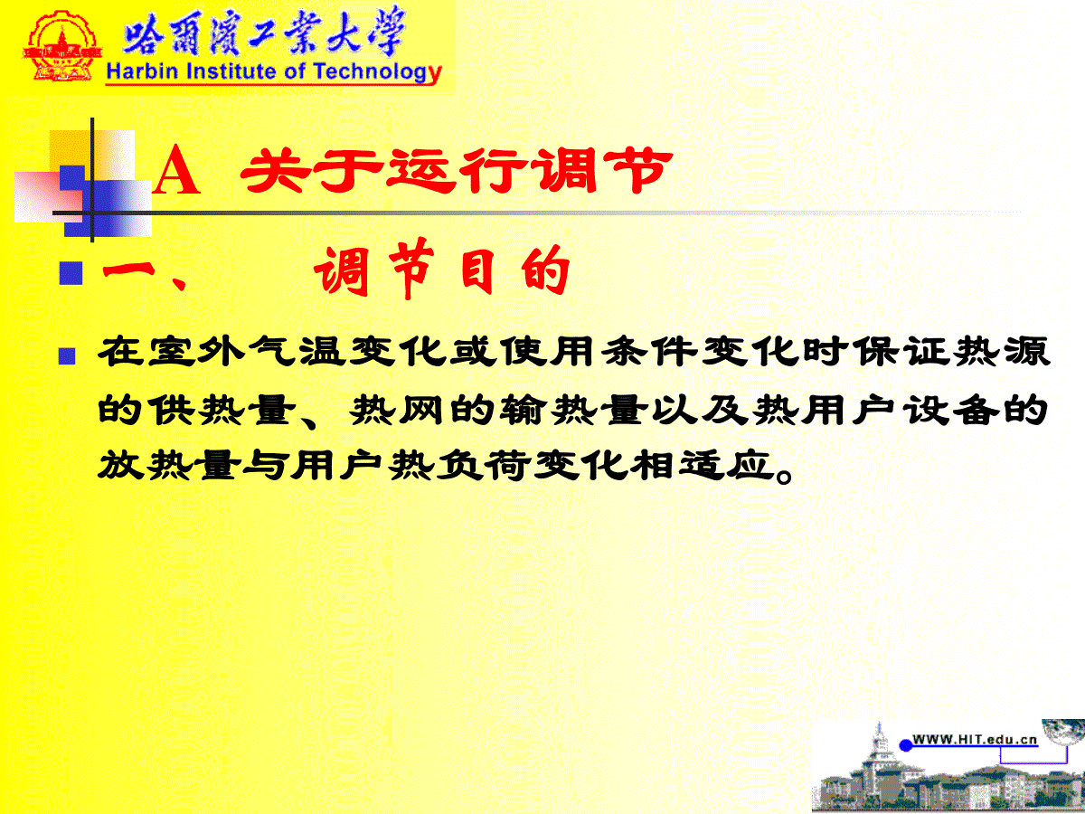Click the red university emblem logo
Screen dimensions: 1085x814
pyautogui.click(x=61, y=47)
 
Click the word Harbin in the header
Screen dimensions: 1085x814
pyautogui.click(x=142, y=71)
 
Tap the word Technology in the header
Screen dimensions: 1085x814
pyautogui.click(x=378, y=73)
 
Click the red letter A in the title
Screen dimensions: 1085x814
pyautogui.click(x=176, y=171)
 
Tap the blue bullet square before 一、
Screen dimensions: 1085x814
pyautogui.click(x=71, y=273)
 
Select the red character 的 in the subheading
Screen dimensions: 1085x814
pyautogui.click(x=544, y=270)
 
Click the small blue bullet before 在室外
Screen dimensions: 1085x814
pyautogui.click(x=67, y=356)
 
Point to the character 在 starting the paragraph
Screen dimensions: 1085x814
pyautogui.click(x=120, y=352)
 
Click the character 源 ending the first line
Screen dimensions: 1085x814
pyautogui.click(x=1027, y=352)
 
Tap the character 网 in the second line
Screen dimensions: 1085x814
pyautogui.click(x=421, y=410)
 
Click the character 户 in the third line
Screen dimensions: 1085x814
pyautogui.click(x=362, y=465)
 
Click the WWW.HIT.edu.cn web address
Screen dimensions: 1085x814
pyautogui.click(x=975, y=739)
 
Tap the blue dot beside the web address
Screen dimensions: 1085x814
pyautogui.click(x=906, y=744)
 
